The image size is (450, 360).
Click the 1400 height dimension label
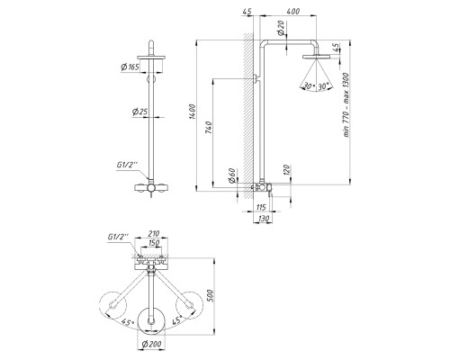pyautogui.click(x=192, y=112)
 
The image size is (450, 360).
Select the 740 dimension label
pyautogui.click(x=209, y=128)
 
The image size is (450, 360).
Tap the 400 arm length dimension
pyautogui.click(x=293, y=12)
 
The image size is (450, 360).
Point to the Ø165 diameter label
pyautogui.click(x=130, y=67)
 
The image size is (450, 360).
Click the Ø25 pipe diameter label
pyautogui.click(x=139, y=112)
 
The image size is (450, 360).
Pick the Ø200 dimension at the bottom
pyautogui.click(x=151, y=344)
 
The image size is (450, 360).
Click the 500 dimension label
pyautogui.click(x=210, y=295)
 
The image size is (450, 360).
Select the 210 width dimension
pyautogui.click(x=154, y=233)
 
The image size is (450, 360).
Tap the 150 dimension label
pyautogui.click(x=154, y=243)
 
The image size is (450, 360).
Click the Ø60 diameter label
pyautogui.click(x=231, y=175)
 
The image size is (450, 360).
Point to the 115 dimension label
pyautogui.click(x=261, y=207)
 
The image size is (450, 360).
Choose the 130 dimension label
pyautogui.click(x=264, y=219)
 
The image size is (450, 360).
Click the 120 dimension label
pyautogui.click(x=286, y=170)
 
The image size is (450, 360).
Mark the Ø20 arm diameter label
pyautogui.click(x=281, y=29)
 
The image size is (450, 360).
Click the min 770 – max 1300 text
pyautogui.click(x=346, y=104)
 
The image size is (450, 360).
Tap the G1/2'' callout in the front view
pyautogui.click(x=127, y=165)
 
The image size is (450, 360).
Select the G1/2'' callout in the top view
pyautogui.click(x=118, y=237)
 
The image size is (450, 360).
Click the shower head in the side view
pyautogui.click(x=316, y=57)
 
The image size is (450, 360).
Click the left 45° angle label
pyautogui.click(x=128, y=323)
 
